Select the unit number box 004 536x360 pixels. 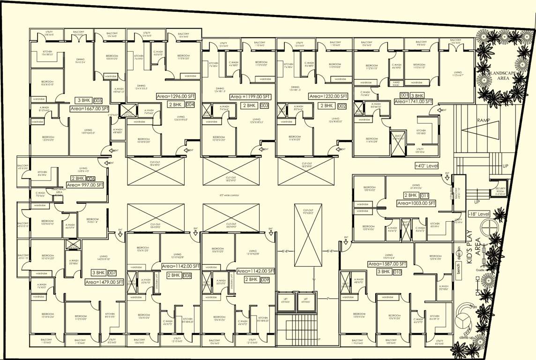(x=190, y=105)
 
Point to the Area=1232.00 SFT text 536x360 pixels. (x=328, y=96)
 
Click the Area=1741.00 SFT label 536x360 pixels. (x=413, y=101)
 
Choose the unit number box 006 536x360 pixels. (x=91, y=179)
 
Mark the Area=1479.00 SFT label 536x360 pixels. (x=104, y=282)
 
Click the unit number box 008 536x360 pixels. (x=187, y=275)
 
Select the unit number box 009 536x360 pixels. (x=265, y=279)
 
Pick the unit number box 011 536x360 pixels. (x=425, y=195)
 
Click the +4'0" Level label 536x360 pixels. (x=426, y=166)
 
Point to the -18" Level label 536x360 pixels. (x=479, y=214)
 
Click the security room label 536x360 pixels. (x=501, y=191)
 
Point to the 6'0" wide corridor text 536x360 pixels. (x=229, y=195)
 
